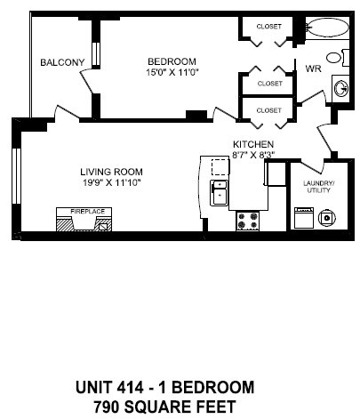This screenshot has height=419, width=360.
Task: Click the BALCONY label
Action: (x=62, y=62)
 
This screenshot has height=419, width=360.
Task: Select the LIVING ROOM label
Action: (x=110, y=172)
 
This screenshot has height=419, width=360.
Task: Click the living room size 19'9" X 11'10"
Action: (x=110, y=183)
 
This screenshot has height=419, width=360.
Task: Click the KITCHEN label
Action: (x=252, y=144)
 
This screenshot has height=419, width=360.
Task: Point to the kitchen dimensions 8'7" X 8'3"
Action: (x=252, y=155)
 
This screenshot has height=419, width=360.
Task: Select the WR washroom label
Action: (x=313, y=68)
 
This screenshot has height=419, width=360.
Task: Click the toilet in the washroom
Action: (x=335, y=59)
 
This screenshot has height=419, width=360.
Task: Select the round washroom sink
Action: (x=339, y=88)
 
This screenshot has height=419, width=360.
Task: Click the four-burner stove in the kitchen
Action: (x=246, y=220)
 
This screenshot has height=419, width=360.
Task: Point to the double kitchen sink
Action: (x=219, y=192)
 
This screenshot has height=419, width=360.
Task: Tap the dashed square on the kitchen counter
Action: (x=218, y=168)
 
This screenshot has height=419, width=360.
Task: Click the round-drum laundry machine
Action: (x=327, y=217)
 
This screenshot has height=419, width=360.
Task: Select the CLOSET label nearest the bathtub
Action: (x=269, y=27)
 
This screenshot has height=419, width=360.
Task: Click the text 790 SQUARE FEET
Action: (x=165, y=407)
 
